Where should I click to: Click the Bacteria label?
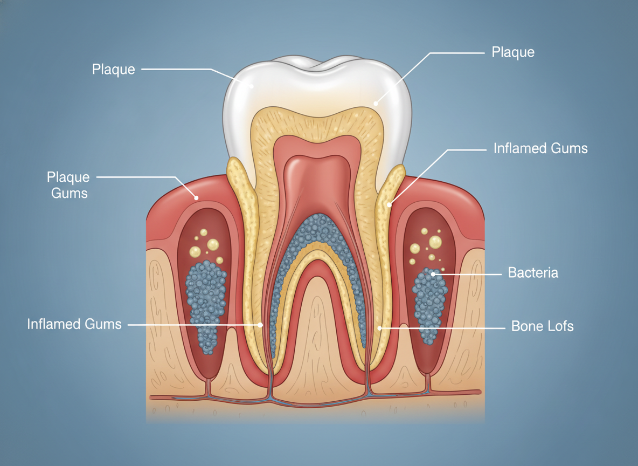(533, 273)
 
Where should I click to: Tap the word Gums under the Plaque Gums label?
(70, 193)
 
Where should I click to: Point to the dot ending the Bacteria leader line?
(433, 274)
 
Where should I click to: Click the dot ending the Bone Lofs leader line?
(380, 327)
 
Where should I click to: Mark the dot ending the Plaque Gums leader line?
(197, 198)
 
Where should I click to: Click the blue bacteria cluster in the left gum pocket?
(206, 305)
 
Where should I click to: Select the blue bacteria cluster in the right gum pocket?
(429, 305)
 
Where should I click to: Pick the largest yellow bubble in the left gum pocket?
(213, 244)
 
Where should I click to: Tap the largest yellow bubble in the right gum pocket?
(435, 241)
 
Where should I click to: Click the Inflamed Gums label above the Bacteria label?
(540, 148)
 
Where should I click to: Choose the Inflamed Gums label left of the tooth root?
(74, 324)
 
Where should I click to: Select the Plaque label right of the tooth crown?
(513, 52)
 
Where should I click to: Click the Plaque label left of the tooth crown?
(113, 69)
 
